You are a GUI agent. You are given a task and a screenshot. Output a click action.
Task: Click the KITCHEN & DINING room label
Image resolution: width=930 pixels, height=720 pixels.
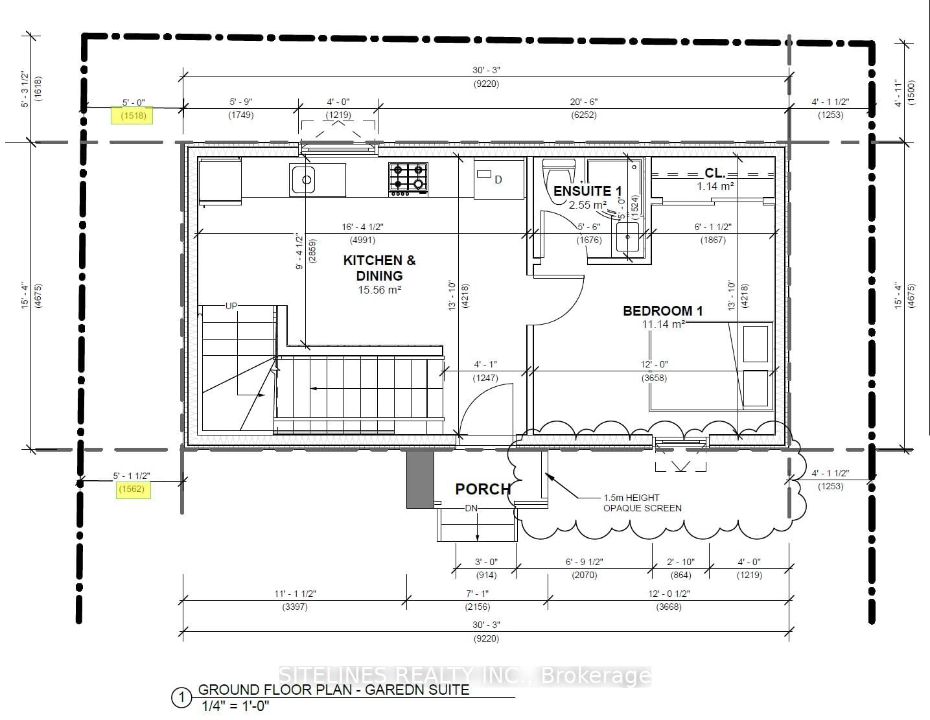[379, 268]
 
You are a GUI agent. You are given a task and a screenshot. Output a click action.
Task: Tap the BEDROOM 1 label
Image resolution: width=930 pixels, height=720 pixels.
[662, 310]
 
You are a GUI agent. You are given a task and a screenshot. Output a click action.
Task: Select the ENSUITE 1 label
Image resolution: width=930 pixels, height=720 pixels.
[587, 191]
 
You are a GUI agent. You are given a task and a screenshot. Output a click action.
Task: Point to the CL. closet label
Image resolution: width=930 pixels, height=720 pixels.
[715, 173]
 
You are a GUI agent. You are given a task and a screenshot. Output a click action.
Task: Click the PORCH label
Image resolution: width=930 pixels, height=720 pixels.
[483, 489]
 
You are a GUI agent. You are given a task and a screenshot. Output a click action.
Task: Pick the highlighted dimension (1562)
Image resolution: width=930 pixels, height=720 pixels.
[132, 489]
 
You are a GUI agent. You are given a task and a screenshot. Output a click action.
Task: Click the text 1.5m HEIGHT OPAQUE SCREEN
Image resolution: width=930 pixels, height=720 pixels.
[642, 503]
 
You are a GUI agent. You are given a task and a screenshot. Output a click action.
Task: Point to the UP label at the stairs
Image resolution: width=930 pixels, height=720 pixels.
[231, 306]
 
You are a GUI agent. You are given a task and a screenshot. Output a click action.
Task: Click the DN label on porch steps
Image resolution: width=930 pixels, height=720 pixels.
[471, 508]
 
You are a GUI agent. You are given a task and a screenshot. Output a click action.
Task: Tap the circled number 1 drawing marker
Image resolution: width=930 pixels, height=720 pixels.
[181, 698]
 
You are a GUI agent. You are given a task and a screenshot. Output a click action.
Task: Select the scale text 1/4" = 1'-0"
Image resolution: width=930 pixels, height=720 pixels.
[235, 706]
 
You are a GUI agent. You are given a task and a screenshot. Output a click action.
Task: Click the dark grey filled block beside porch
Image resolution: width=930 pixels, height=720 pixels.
[419, 478]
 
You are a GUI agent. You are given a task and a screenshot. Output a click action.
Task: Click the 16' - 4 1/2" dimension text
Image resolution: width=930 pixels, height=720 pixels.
[363, 227]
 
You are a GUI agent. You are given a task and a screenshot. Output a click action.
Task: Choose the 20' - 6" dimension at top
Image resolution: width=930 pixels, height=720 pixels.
[583, 102]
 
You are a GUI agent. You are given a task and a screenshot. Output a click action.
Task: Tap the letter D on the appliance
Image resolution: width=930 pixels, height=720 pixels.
[498, 180]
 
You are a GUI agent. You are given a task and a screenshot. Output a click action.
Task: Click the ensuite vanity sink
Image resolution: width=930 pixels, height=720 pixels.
[627, 238]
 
